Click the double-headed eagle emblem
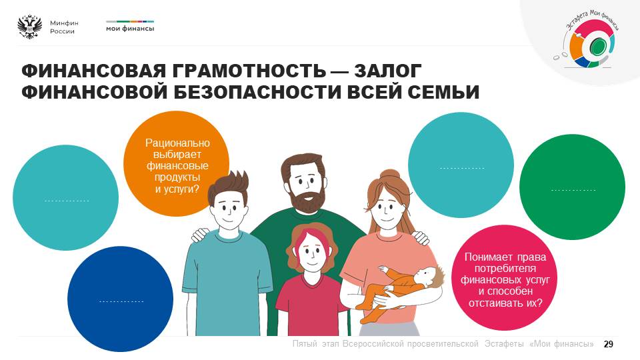coord(30,27)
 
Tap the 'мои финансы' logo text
coord(130,29)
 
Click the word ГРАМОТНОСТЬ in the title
coord(249,71)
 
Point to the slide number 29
coord(608,344)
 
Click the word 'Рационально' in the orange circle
coord(177,143)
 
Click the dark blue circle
coord(121,299)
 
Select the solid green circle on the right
coord(572,187)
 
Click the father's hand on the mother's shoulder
coord(421,237)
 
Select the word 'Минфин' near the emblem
coord(64,23)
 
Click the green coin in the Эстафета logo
coord(598,45)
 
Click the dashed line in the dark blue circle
coord(121,301)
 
